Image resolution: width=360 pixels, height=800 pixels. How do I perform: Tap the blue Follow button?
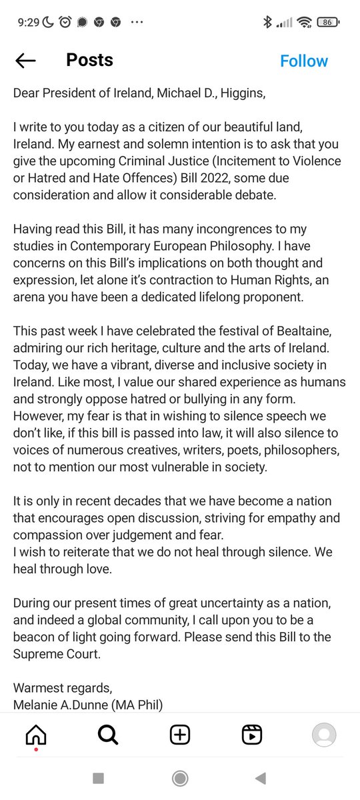pyautogui.click(x=303, y=61)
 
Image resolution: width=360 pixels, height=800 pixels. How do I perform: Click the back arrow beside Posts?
pyautogui.click(x=26, y=61)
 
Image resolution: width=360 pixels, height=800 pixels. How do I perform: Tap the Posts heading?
pyautogui.click(x=89, y=60)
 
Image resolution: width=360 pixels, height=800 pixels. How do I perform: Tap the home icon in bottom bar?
pyautogui.click(x=36, y=735)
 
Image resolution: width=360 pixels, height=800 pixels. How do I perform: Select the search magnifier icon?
pyautogui.click(x=108, y=735)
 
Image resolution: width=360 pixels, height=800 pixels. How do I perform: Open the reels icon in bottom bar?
pyautogui.click(x=251, y=735)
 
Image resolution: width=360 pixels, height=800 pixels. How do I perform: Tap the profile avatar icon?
pyautogui.click(x=324, y=735)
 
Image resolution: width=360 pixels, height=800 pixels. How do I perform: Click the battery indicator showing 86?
pyautogui.click(x=327, y=22)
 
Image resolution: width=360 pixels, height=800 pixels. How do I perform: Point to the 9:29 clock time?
pyautogui.click(x=29, y=22)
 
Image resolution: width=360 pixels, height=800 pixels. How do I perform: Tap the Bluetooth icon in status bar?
pyautogui.click(x=267, y=22)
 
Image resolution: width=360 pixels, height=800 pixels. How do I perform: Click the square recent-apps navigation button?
pyautogui.click(x=98, y=778)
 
